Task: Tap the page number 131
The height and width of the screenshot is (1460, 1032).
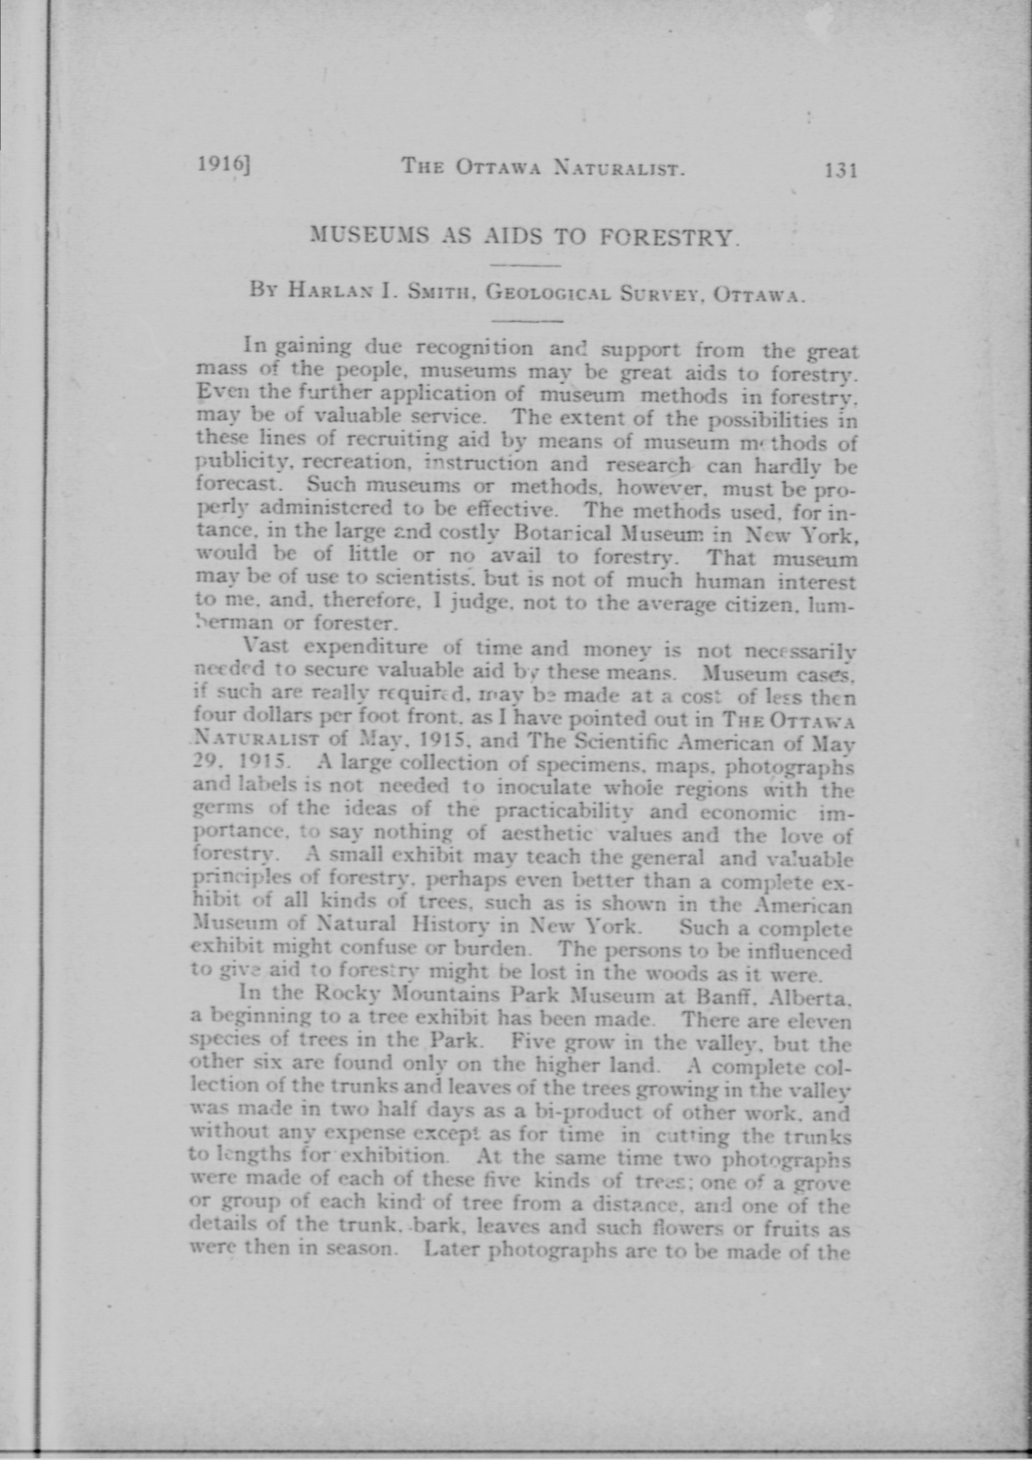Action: pos(841,170)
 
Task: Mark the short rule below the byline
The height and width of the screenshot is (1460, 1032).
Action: pos(527,321)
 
